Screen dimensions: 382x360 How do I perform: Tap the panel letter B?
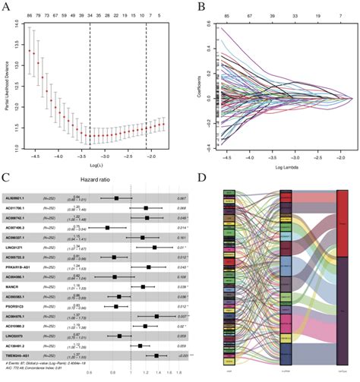[x=188, y=6]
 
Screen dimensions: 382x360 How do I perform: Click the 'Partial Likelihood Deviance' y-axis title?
[x=7, y=87]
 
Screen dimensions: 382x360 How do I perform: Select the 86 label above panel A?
[x=30, y=14]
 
